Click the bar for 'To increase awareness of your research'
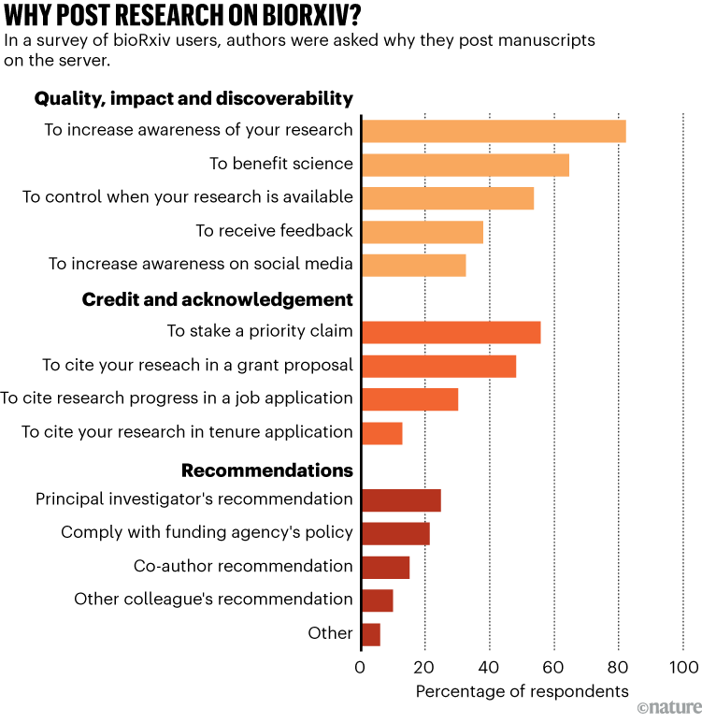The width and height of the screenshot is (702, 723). point(493,131)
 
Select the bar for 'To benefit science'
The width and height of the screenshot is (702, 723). point(465,165)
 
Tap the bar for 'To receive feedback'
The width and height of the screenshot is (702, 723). point(422,232)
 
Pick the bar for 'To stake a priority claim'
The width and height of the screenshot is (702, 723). point(451,332)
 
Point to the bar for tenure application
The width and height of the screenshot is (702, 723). point(381,433)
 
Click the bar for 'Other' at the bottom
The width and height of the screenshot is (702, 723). point(370,634)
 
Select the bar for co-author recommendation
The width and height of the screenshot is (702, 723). point(385,567)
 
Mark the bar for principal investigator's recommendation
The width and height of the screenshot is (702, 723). point(400,500)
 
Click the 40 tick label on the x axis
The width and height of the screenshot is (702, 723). point(489,667)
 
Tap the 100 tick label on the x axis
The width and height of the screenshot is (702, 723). point(683,667)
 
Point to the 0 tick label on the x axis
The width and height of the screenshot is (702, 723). point(360,667)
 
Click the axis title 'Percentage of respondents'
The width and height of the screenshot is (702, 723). point(522,692)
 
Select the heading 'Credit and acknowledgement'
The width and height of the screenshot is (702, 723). point(217,299)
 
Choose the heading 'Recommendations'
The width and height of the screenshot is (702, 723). point(266,470)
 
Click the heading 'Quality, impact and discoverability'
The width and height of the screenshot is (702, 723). point(193,98)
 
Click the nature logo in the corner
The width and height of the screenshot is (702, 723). point(667,708)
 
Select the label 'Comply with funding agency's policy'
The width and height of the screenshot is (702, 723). point(207,532)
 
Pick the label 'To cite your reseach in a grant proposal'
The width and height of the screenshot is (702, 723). point(197,365)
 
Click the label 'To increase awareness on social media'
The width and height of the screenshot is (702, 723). point(200,265)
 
